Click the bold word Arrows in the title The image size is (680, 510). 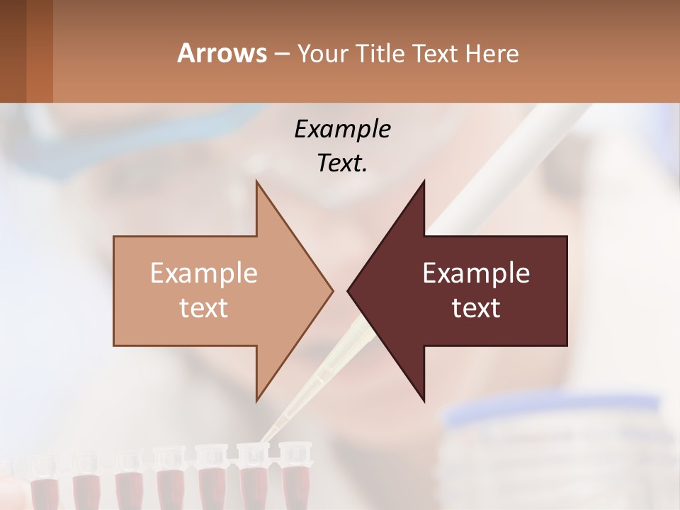pos(222,53)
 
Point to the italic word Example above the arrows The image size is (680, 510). pos(342,130)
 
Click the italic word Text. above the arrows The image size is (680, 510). pos(342,164)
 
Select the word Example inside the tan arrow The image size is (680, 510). pos(204,273)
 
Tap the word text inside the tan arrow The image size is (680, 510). pos(204,307)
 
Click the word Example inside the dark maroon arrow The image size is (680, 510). pos(476,273)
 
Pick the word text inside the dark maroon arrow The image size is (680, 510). pos(476,307)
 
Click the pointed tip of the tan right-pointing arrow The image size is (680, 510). pos(332,290)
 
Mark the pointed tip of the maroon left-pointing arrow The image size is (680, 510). pos(348,290)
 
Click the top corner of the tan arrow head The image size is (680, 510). pos(256,181)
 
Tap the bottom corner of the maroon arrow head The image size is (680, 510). pos(424,401)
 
